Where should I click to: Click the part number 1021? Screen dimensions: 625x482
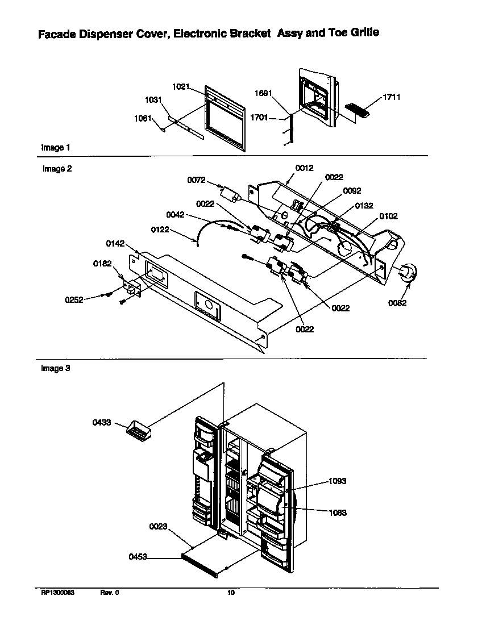coord(180,86)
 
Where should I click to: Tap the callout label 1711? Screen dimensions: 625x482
coord(392,97)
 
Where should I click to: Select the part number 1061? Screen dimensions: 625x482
coord(142,118)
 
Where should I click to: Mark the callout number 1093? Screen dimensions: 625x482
coord(337,481)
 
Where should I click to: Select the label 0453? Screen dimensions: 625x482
coord(138,557)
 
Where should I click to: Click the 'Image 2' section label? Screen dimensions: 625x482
coord(57,169)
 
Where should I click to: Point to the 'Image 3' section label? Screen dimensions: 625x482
coord(56,368)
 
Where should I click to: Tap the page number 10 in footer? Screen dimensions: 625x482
coord(231,593)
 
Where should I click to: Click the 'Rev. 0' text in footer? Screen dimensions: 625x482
coord(110,593)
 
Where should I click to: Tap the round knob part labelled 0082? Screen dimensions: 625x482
coord(408,273)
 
